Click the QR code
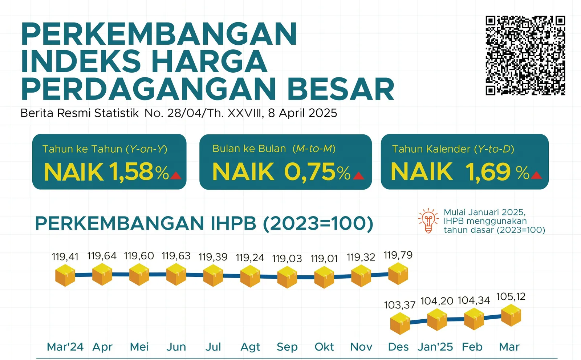pos(525,56)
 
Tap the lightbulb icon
pos(428,220)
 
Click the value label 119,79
pos(398,255)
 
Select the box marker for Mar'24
pos(65,275)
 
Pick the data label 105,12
pos(511,296)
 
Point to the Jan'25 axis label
pos(435,347)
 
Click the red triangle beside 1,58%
pos(176,176)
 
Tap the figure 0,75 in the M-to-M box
pos(310,172)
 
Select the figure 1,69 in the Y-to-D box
pos(488,171)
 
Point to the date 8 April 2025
pos(302,113)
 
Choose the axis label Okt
pos(324,347)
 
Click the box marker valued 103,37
pos(400,324)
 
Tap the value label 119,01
pos(324,259)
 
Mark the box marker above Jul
pos(213,276)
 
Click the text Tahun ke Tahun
pos(82,149)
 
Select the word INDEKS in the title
pos(81,61)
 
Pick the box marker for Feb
pos(474,319)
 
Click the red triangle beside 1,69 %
pos(536,176)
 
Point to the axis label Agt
pos(250,347)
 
